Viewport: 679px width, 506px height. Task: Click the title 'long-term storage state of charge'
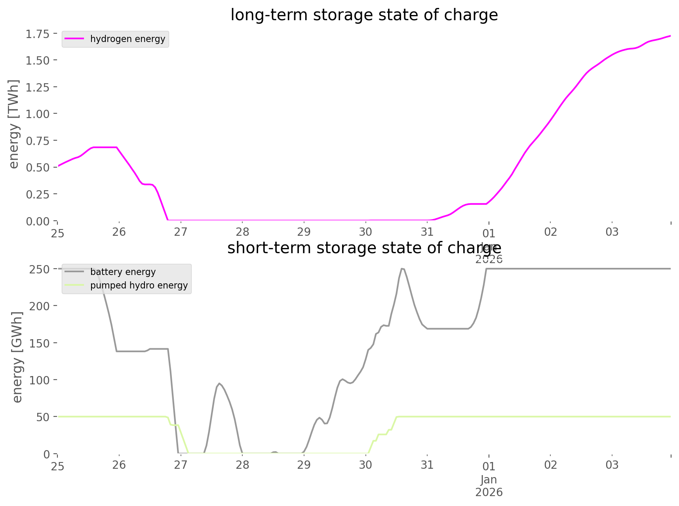(x=364, y=15)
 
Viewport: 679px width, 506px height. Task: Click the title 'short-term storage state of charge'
(x=364, y=248)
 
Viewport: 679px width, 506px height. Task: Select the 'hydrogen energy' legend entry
(x=127, y=39)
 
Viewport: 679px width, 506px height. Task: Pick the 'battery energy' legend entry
(x=123, y=272)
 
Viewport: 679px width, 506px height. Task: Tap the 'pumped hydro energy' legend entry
(x=139, y=285)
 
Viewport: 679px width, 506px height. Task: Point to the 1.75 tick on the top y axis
(x=38, y=34)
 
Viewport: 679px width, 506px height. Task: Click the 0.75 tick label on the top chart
(x=38, y=141)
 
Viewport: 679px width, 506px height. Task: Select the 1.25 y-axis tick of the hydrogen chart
(x=38, y=87)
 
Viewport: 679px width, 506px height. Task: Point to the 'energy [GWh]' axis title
(x=17, y=357)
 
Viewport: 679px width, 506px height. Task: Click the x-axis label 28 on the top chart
(x=242, y=232)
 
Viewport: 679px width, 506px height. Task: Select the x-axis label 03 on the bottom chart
(x=612, y=465)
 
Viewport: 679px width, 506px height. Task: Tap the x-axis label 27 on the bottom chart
(x=181, y=465)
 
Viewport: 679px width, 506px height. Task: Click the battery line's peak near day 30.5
(x=402, y=269)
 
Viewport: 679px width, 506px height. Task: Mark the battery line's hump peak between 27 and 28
(x=219, y=383)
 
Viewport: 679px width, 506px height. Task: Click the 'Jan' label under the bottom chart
(x=489, y=479)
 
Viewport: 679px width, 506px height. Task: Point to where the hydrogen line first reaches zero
(x=167, y=220)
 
